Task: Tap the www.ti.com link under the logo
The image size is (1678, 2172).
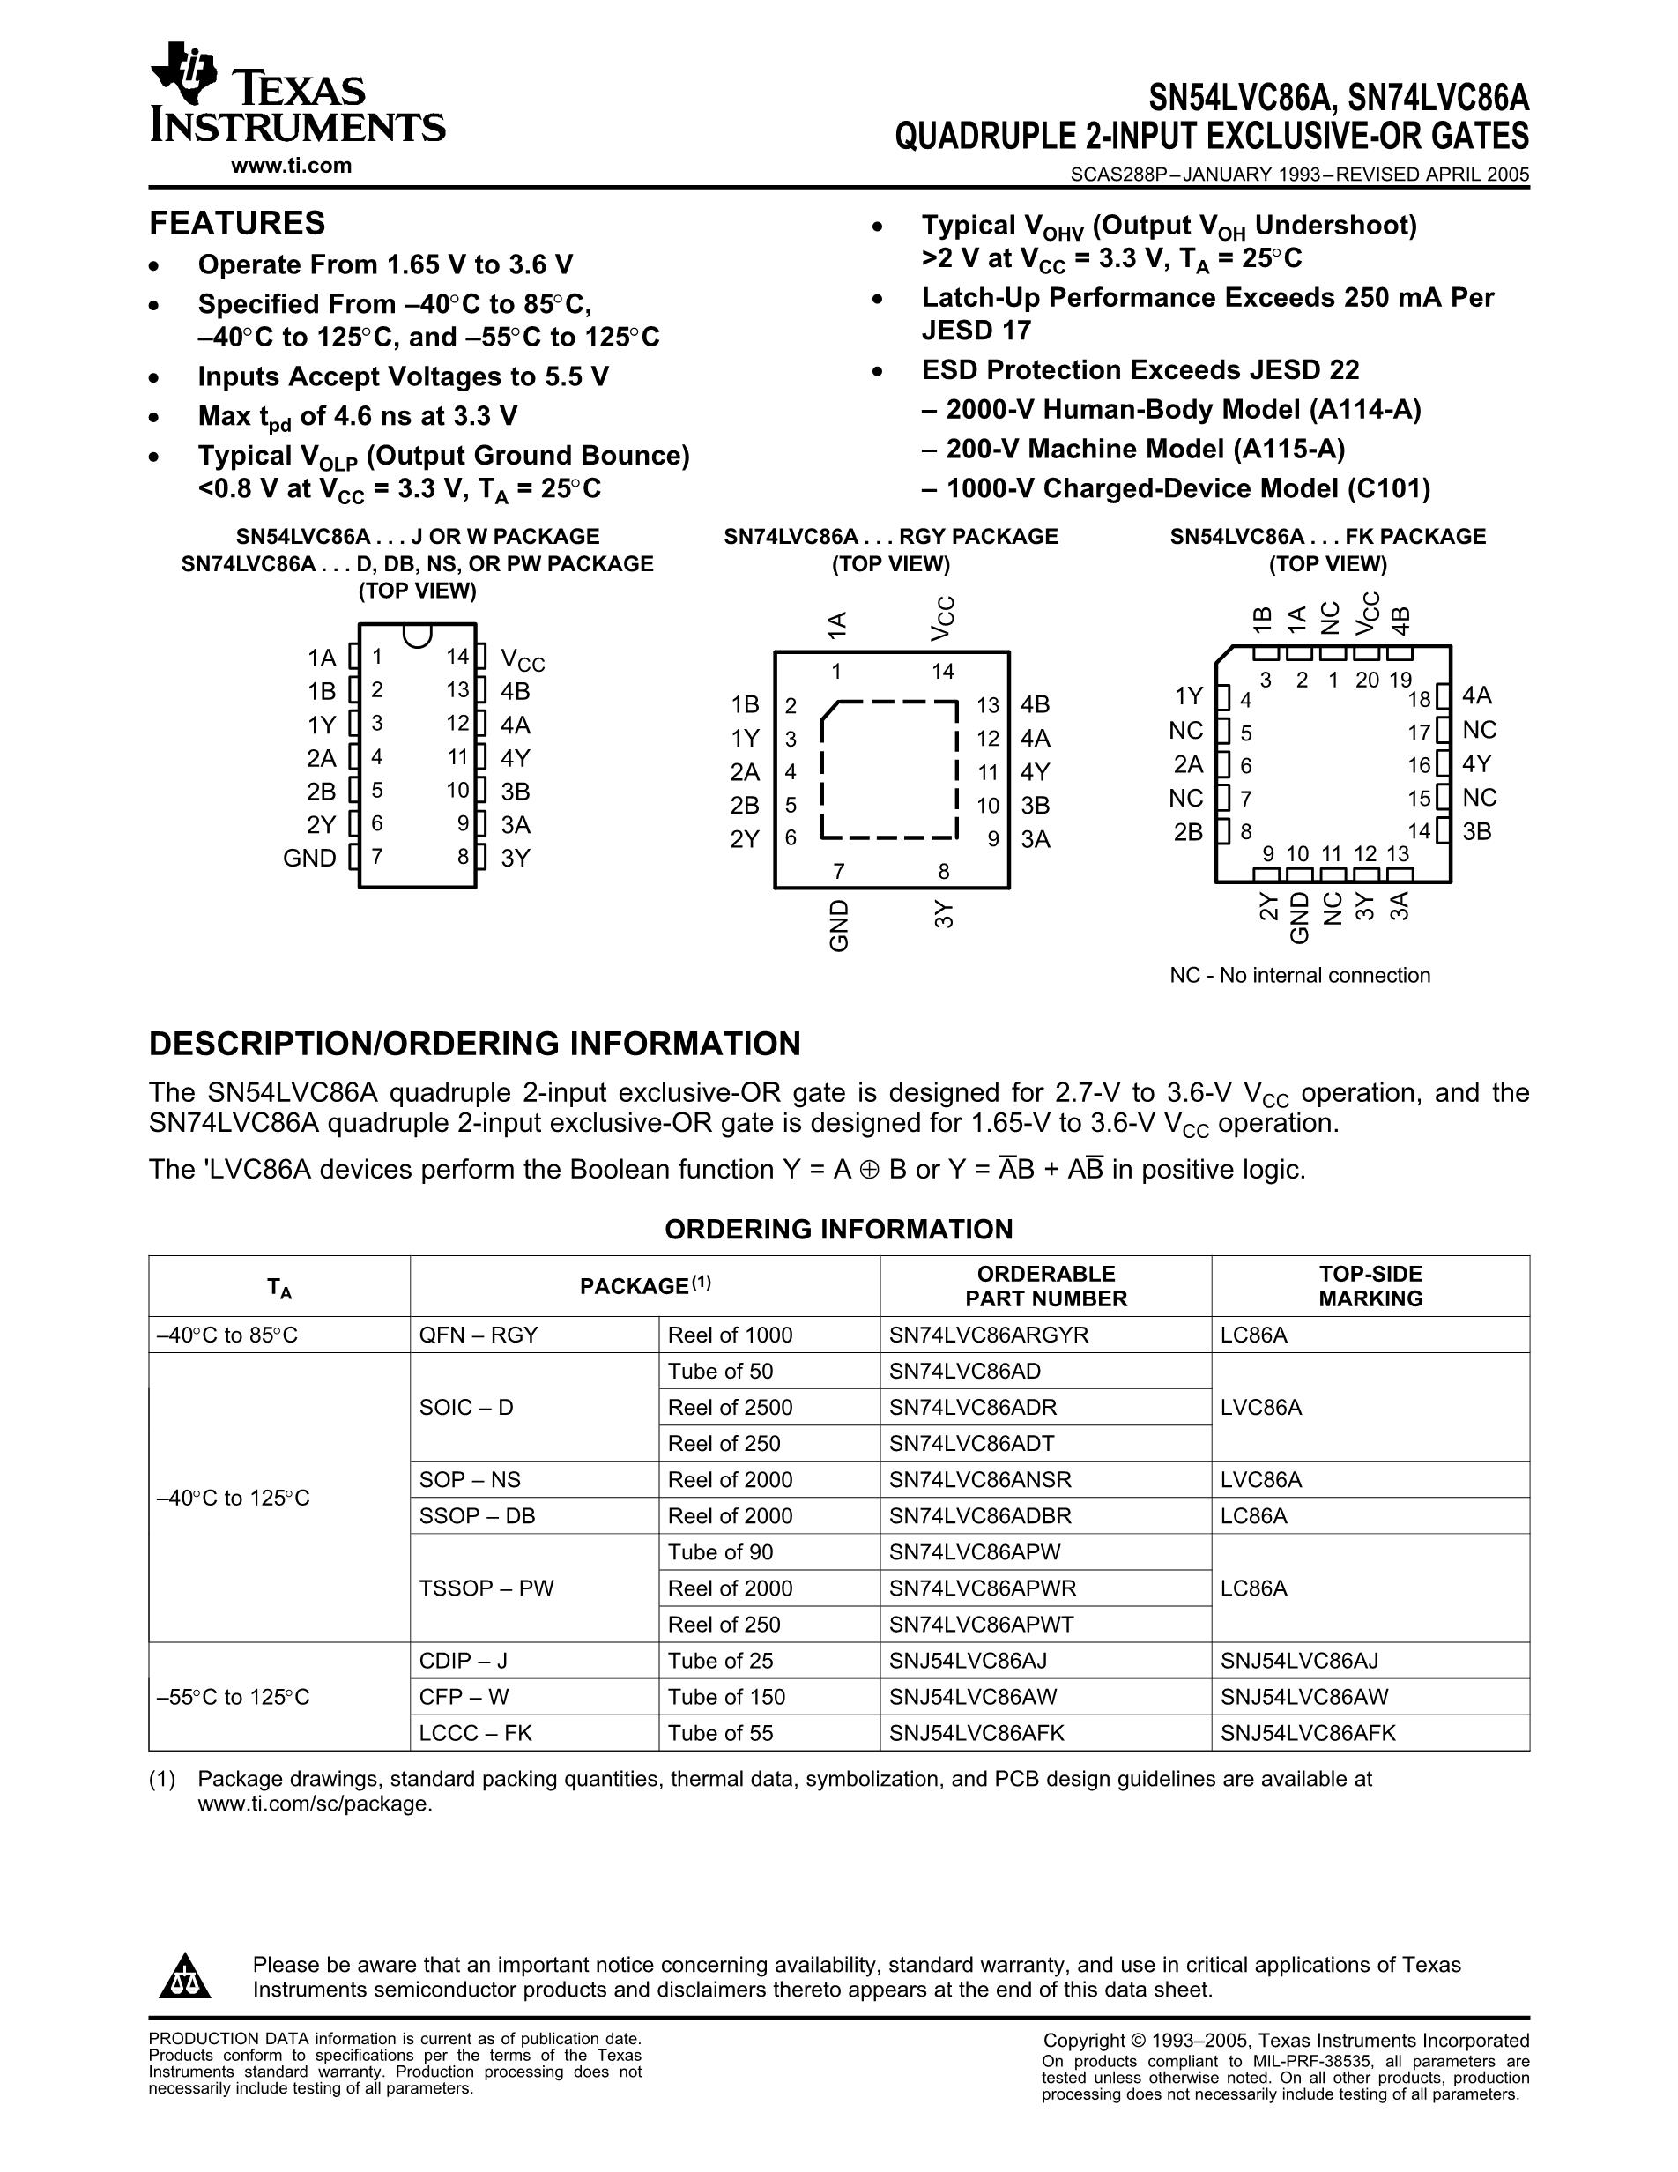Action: click(x=291, y=166)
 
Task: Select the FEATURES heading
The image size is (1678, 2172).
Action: click(x=236, y=223)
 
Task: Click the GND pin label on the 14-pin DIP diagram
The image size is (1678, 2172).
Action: click(x=309, y=859)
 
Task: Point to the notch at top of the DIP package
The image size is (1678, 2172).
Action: click(x=418, y=634)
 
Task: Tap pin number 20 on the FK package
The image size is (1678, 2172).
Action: click(x=1368, y=681)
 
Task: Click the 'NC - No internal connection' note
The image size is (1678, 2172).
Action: click(x=1299, y=976)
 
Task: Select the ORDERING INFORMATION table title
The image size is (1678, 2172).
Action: click(x=838, y=1229)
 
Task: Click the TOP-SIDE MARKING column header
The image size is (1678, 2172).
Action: click(x=1370, y=1286)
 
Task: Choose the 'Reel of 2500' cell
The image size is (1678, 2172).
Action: click(x=730, y=1407)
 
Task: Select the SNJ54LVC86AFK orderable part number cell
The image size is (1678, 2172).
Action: click(x=976, y=1732)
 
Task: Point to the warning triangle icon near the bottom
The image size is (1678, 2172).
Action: click(x=184, y=1977)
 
